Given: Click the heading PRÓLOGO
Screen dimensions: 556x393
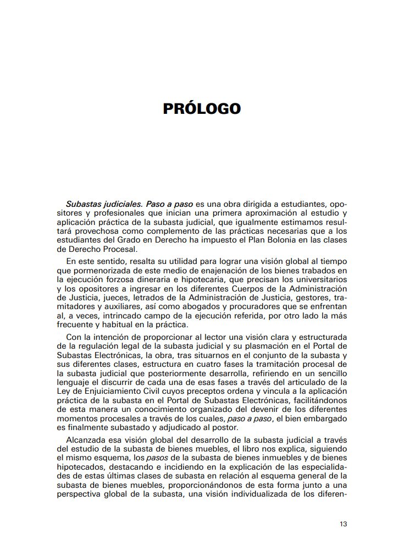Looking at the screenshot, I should [x=202, y=108].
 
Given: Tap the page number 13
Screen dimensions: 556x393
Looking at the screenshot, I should [x=343, y=524].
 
